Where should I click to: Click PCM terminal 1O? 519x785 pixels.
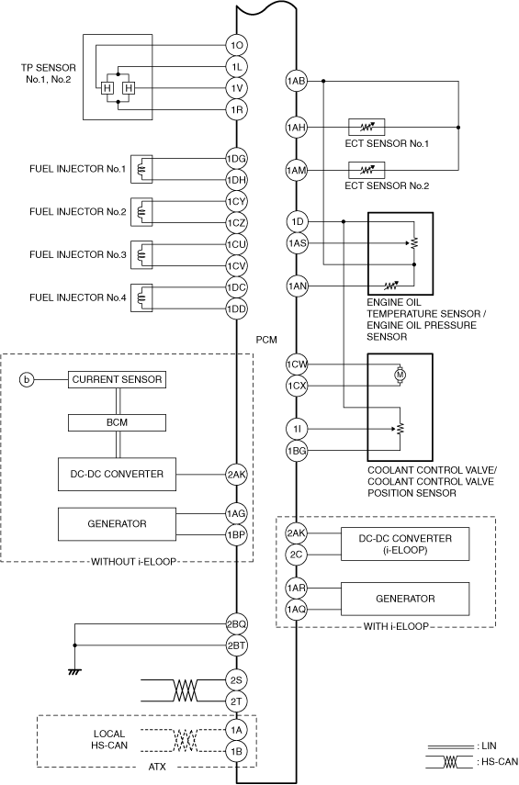236,46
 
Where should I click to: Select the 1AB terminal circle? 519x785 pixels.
296,81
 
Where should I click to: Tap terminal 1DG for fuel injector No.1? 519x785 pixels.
236,159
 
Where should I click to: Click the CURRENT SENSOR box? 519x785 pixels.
118,379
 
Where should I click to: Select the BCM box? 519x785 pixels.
118,422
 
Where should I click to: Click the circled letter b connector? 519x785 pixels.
27,380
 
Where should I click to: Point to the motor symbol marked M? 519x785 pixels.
401,374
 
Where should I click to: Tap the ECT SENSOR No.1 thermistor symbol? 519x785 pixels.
367,128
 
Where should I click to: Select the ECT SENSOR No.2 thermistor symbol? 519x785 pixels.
367,170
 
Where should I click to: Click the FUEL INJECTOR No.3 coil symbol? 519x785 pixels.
141,255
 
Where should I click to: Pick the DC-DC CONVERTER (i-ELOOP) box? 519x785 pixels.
405,544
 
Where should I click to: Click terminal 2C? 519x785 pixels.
296,555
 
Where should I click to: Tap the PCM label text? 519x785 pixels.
266,340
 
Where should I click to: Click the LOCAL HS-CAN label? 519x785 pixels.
109,739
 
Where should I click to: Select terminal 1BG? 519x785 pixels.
296,451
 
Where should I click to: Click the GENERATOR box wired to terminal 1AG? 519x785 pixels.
118,524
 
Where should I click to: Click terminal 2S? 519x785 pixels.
236,679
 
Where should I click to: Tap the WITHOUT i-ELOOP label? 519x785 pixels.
134,562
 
